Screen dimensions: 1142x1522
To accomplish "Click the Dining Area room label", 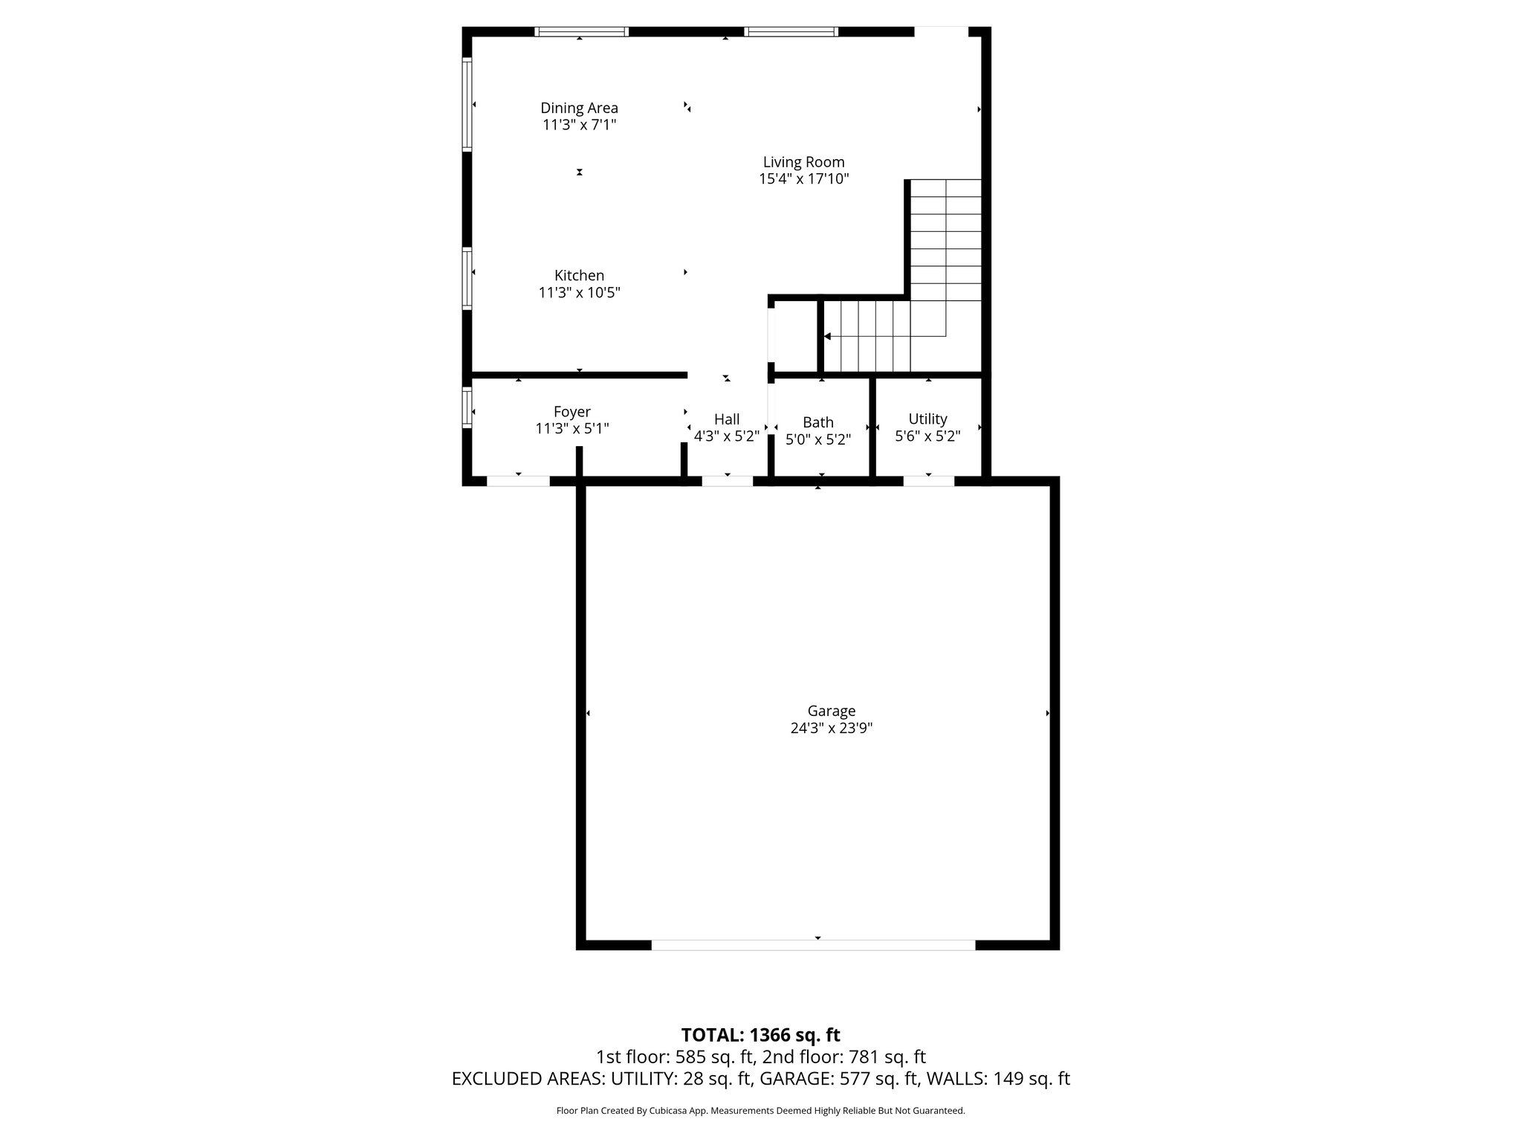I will coord(579,109).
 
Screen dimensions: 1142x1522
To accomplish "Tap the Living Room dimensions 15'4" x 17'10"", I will coord(803,179).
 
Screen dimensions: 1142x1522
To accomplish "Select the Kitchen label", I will coord(579,276).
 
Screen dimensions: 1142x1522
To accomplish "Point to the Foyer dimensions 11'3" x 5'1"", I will coord(571,429).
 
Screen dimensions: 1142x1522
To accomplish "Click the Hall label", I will coord(726,420).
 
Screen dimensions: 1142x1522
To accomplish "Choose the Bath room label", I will coord(817,423).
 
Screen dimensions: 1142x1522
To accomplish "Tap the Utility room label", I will coord(927,419).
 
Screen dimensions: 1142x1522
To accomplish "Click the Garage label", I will coord(831,712).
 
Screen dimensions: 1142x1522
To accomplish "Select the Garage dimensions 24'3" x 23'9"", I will coord(831,729).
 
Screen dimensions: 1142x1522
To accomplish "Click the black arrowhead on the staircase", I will coord(827,337).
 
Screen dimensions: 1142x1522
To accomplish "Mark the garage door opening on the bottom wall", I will coord(813,945).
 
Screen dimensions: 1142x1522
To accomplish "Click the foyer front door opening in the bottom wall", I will coord(518,481).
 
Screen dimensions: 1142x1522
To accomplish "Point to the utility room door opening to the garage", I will coord(928,481).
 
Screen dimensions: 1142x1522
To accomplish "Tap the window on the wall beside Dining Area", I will coord(467,105).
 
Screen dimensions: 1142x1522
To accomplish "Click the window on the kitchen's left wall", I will coord(467,279).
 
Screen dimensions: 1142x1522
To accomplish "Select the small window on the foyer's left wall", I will coord(467,407).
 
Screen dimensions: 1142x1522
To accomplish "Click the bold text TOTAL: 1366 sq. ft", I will coord(760,1035).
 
